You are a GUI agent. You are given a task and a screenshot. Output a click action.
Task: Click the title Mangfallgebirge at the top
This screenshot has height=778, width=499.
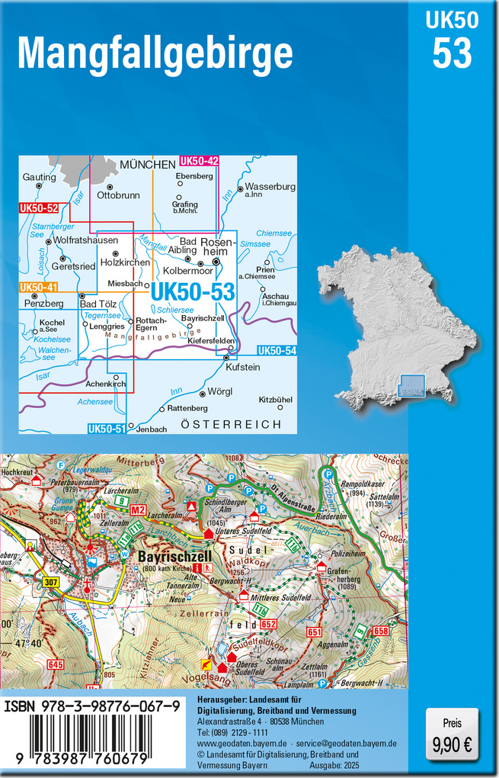point(155,53)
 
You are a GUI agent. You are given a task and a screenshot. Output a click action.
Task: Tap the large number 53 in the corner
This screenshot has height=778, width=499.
point(453,53)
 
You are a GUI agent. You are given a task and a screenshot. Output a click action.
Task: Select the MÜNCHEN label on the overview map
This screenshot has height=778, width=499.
point(148,164)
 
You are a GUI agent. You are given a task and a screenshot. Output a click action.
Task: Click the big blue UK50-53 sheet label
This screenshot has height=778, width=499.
point(192,291)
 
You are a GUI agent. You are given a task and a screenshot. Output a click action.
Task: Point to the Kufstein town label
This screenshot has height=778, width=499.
point(243,367)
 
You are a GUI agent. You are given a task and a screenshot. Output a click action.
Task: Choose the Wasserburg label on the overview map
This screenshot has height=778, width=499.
point(270,187)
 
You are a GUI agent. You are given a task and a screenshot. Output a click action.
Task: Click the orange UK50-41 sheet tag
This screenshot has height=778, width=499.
point(39,288)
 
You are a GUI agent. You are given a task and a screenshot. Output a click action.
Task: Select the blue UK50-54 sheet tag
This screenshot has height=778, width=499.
point(276,350)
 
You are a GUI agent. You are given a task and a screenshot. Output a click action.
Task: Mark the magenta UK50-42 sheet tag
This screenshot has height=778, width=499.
point(199,161)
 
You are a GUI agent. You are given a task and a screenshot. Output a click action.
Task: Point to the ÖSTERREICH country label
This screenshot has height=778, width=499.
point(231,424)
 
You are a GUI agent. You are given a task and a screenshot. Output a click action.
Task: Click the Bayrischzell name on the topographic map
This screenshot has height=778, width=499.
point(169,558)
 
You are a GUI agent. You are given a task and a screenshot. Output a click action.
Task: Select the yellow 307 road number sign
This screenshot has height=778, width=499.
point(52,583)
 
